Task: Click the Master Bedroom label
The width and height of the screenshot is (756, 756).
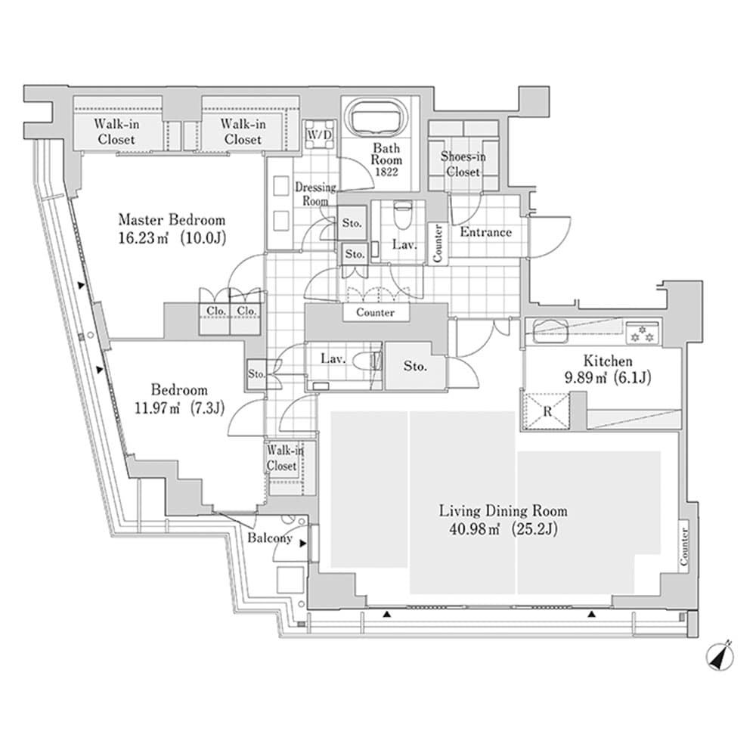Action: point(172,220)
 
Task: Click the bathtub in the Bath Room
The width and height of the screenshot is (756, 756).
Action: point(376,119)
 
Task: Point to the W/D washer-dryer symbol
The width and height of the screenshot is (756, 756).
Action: point(318,134)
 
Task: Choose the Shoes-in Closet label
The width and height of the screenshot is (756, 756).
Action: point(463,164)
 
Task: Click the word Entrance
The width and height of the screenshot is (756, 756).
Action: point(485,232)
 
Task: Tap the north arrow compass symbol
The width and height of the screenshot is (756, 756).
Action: point(720,655)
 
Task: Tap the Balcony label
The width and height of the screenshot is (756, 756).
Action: point(270,538)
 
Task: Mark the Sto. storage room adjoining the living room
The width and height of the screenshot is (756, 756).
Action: point(414,367)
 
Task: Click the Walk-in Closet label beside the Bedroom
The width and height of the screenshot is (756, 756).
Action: point(282,459)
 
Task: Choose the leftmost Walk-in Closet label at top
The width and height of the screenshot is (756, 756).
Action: point(116,132)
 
